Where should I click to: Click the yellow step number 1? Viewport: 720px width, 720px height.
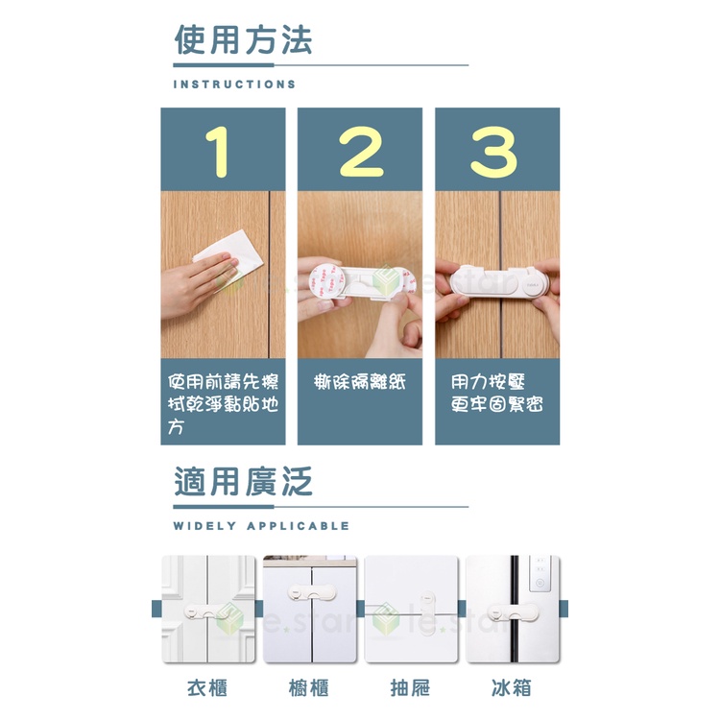[x=218, y=152]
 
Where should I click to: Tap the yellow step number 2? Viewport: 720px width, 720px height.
[x=361, y=152]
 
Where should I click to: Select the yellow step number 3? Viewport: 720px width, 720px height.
[x=493, y=152]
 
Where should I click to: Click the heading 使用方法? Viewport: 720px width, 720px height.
[x=244, y=40]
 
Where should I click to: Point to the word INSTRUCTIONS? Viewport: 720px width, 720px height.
[x=234, y=84]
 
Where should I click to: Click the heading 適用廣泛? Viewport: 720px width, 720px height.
[x=244, y=482]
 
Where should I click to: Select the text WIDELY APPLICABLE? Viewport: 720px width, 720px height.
[x=261, y=526]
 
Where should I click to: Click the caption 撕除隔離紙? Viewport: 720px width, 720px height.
[x=360, y=382]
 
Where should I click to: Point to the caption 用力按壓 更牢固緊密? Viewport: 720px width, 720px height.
[x=497, y=394]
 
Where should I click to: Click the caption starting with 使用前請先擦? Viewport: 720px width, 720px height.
[x=223, y=404]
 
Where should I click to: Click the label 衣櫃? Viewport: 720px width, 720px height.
[x=207, y=688]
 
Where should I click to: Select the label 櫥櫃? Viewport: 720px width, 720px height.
[x=309, y=688]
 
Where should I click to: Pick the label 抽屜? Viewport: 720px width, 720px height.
[x=411, y=688]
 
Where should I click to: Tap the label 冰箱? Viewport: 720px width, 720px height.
[x=512, y=688]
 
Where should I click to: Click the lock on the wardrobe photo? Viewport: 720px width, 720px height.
[x=205, y=612]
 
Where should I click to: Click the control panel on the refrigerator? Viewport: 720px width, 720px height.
[x=540, y=574]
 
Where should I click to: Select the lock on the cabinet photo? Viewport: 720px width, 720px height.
[x=312, y=592]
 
